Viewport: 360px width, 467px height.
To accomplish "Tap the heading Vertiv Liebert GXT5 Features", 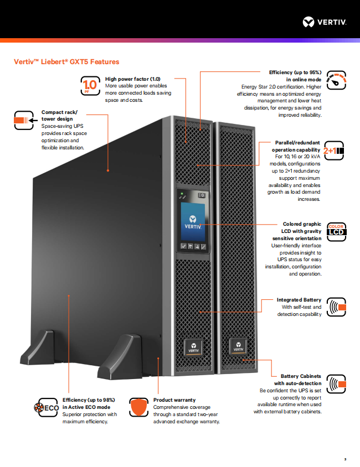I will [66, 61].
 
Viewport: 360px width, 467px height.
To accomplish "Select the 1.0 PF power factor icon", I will [89, 85].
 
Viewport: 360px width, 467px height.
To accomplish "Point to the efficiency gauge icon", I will [336, 81].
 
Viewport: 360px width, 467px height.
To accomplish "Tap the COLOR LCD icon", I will [336, 230].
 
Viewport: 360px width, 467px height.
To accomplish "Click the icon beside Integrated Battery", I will [336, 307].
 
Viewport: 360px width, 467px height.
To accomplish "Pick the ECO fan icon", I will [47, 408].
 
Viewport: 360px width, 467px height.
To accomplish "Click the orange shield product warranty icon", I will [139, 408].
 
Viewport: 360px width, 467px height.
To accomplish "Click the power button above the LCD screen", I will [202, 195].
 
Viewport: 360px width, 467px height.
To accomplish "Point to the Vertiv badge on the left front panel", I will [193, 346].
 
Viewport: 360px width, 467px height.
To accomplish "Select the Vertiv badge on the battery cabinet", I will [238, 346].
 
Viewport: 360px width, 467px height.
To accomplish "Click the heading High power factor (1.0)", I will [132, 79].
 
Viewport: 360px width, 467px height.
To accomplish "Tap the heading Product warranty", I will [174, 399].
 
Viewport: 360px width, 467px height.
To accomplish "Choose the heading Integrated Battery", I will [299, 300].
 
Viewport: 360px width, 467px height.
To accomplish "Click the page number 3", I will [344, 459].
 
